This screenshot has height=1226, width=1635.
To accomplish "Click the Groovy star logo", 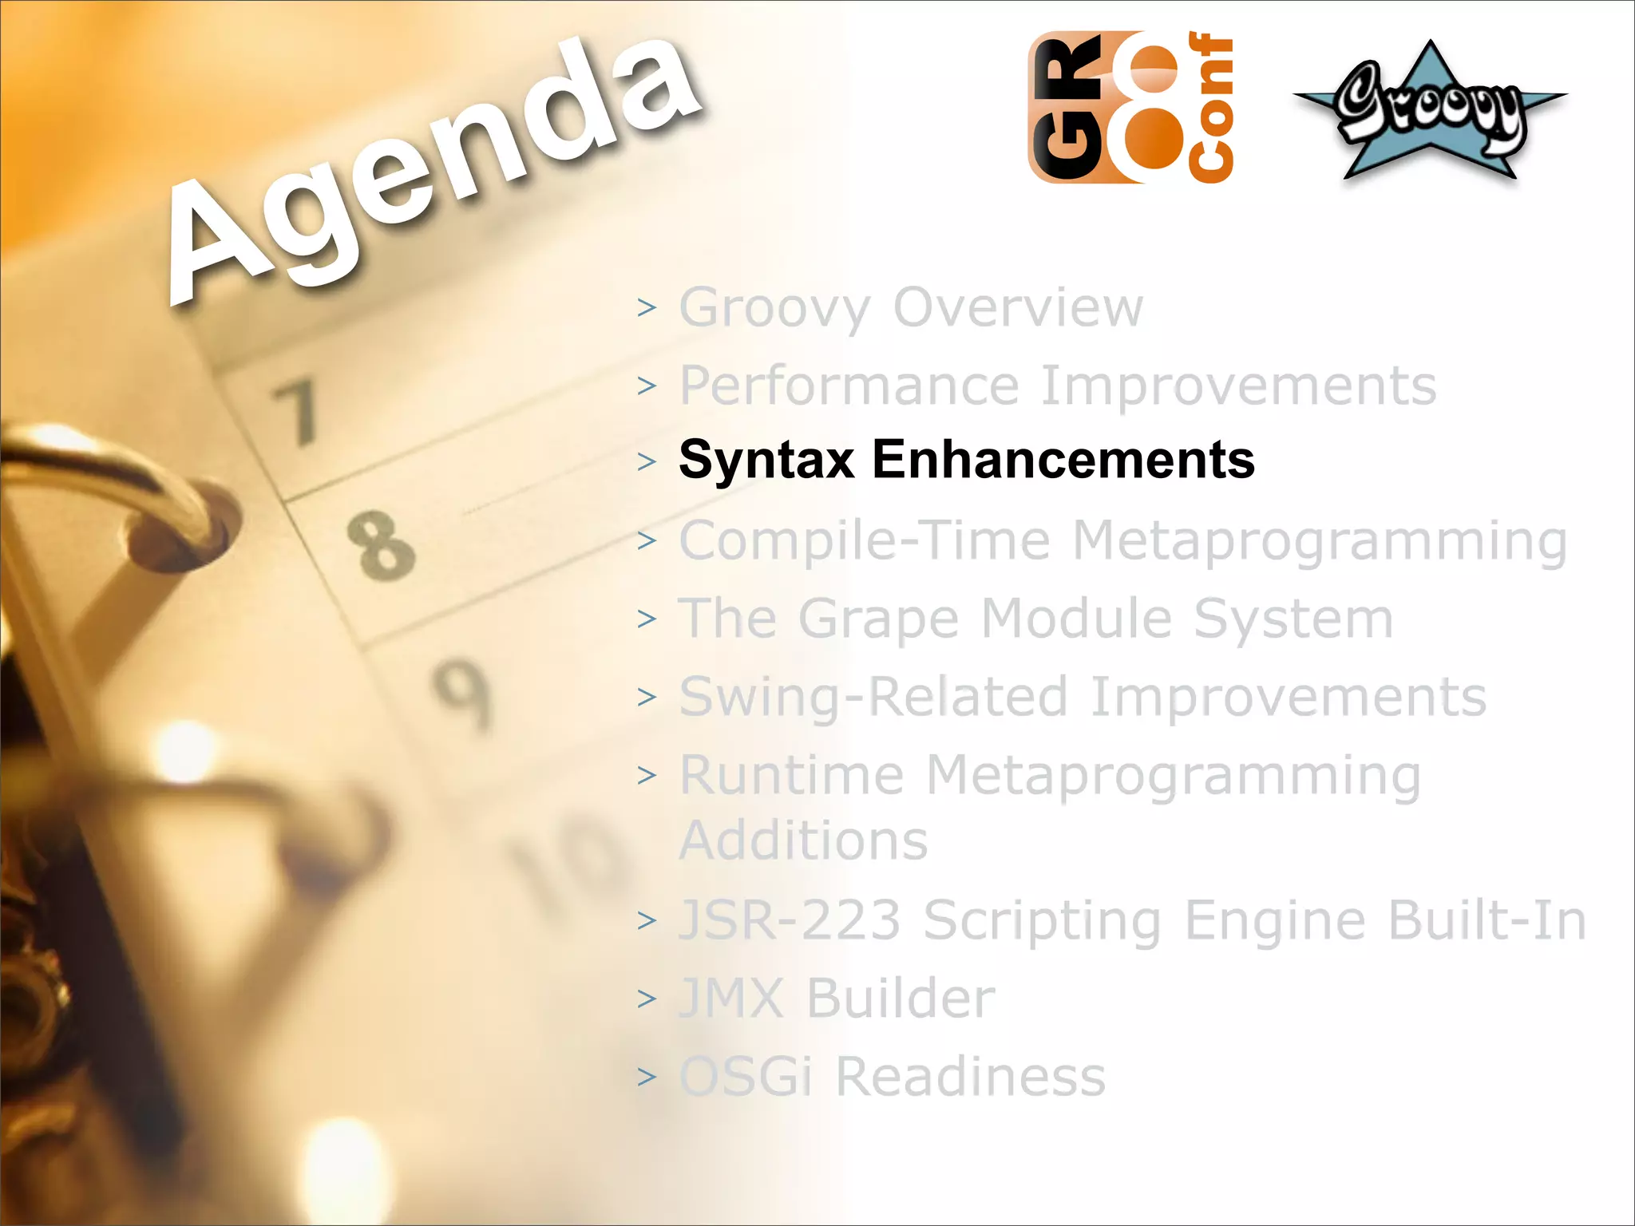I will point(1429,112).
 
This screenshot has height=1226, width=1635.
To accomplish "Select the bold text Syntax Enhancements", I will point(966,460).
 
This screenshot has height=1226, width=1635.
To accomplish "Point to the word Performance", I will point(849,386).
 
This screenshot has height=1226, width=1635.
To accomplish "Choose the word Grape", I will point(878,620).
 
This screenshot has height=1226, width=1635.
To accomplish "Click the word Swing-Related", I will point(873,698).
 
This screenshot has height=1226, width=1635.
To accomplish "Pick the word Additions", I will point(803,840).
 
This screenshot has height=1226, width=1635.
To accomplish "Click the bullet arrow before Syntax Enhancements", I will point(647,461).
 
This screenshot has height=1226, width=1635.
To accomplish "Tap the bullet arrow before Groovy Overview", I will point(647,307).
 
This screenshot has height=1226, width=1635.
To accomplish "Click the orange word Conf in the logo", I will point(1210,108).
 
